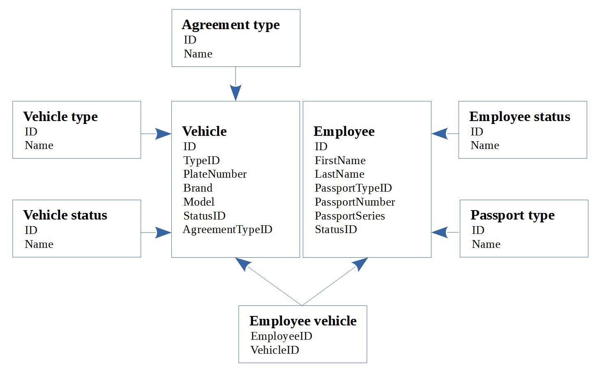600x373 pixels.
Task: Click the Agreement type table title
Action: click(231, 25)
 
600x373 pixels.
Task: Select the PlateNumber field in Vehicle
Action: click(215, 174)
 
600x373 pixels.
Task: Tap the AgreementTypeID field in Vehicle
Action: click(228, 229)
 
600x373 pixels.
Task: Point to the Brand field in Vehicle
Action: click(198, 188)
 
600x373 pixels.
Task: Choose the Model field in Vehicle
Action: click(199, 202)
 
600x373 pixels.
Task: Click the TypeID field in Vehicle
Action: click(201, 160)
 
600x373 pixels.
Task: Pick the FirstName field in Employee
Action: click(340, 160)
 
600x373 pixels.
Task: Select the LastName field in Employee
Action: click(339, 174)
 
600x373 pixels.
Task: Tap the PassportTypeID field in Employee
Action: click(353, 188)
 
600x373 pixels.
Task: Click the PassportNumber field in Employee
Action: click(355, 202)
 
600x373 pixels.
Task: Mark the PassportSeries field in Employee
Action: click(350, 216)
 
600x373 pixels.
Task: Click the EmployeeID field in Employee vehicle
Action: click(282, 336)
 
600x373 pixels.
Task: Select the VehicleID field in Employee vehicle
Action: click(275, 350)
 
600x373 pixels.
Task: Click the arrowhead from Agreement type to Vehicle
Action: click(235, 93)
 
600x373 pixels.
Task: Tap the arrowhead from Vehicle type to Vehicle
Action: click(163, 134)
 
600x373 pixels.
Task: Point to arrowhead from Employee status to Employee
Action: click(440, 134)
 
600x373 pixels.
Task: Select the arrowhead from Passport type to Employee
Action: click(440, 232)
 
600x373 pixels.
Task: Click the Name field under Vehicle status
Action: click(39, 244)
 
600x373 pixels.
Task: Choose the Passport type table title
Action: click(512, 215)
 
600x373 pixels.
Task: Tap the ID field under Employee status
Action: click(477, 132)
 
